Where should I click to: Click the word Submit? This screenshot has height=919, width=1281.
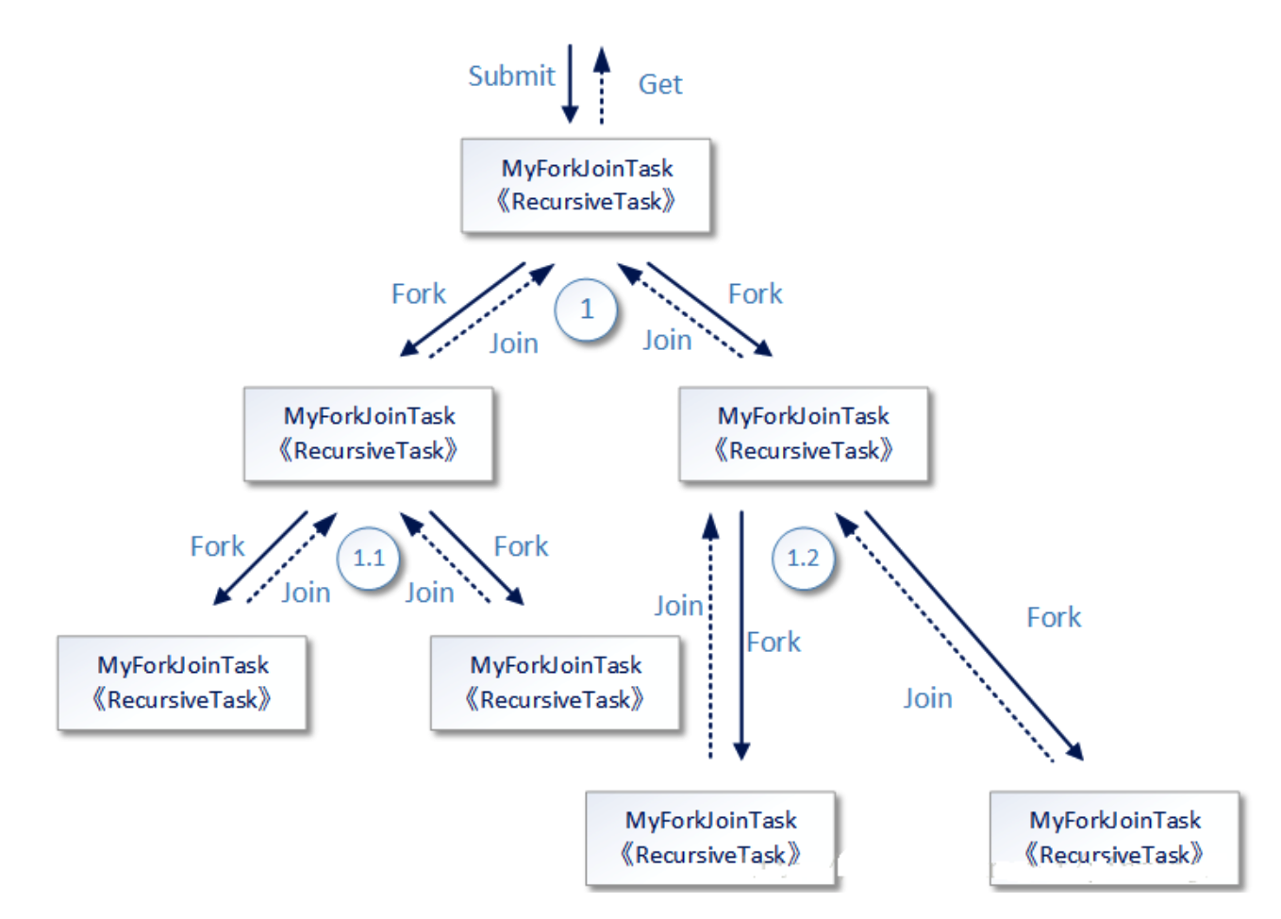click(511, 75)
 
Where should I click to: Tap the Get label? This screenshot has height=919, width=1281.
click(659, 84)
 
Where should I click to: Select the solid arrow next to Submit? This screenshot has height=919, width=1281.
click(570, 84)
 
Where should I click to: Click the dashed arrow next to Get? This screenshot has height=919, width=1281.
click(602, 87)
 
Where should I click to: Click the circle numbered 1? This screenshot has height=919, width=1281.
click(587, 309)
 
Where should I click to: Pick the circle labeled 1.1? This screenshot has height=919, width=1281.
click(369, 558)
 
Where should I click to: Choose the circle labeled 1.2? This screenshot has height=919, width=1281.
click(803, 558)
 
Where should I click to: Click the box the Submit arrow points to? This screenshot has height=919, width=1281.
click(586, 185)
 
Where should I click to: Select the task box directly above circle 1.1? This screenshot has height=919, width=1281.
click(369, 433)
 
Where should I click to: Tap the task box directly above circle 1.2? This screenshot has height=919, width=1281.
click(804, 433)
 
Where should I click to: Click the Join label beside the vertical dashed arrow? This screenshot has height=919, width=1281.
click(678, 605)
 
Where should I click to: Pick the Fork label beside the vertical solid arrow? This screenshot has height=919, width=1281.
click(774, 642)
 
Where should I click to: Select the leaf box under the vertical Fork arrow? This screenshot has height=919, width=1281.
click(710, 837)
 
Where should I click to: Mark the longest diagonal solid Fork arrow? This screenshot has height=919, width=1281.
click(973, 635)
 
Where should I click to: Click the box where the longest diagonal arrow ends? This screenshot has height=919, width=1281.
click(1114, 837)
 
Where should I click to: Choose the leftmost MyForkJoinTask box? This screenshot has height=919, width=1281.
click(182, 682)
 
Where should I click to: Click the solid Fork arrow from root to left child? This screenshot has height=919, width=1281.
click(462, 309)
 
